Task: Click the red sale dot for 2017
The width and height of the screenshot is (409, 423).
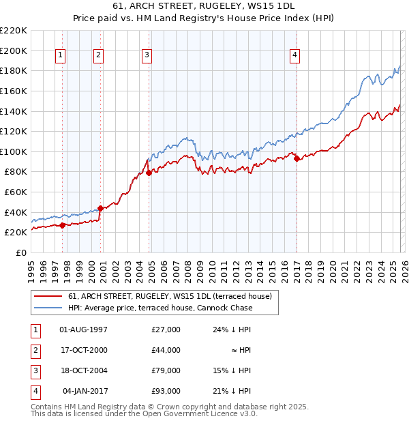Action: pos(297,158)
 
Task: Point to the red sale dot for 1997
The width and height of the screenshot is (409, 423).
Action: pos(62,224)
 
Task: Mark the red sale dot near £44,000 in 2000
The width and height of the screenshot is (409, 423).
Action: pos(100,207)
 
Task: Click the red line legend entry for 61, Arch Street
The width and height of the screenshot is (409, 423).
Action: pos(170,296)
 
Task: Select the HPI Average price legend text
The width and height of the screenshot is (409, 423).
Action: pos(160,308)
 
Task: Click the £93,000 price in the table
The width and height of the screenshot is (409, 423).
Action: pos(166,391)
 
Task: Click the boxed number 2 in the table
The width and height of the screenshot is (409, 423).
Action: pos(35,350)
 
